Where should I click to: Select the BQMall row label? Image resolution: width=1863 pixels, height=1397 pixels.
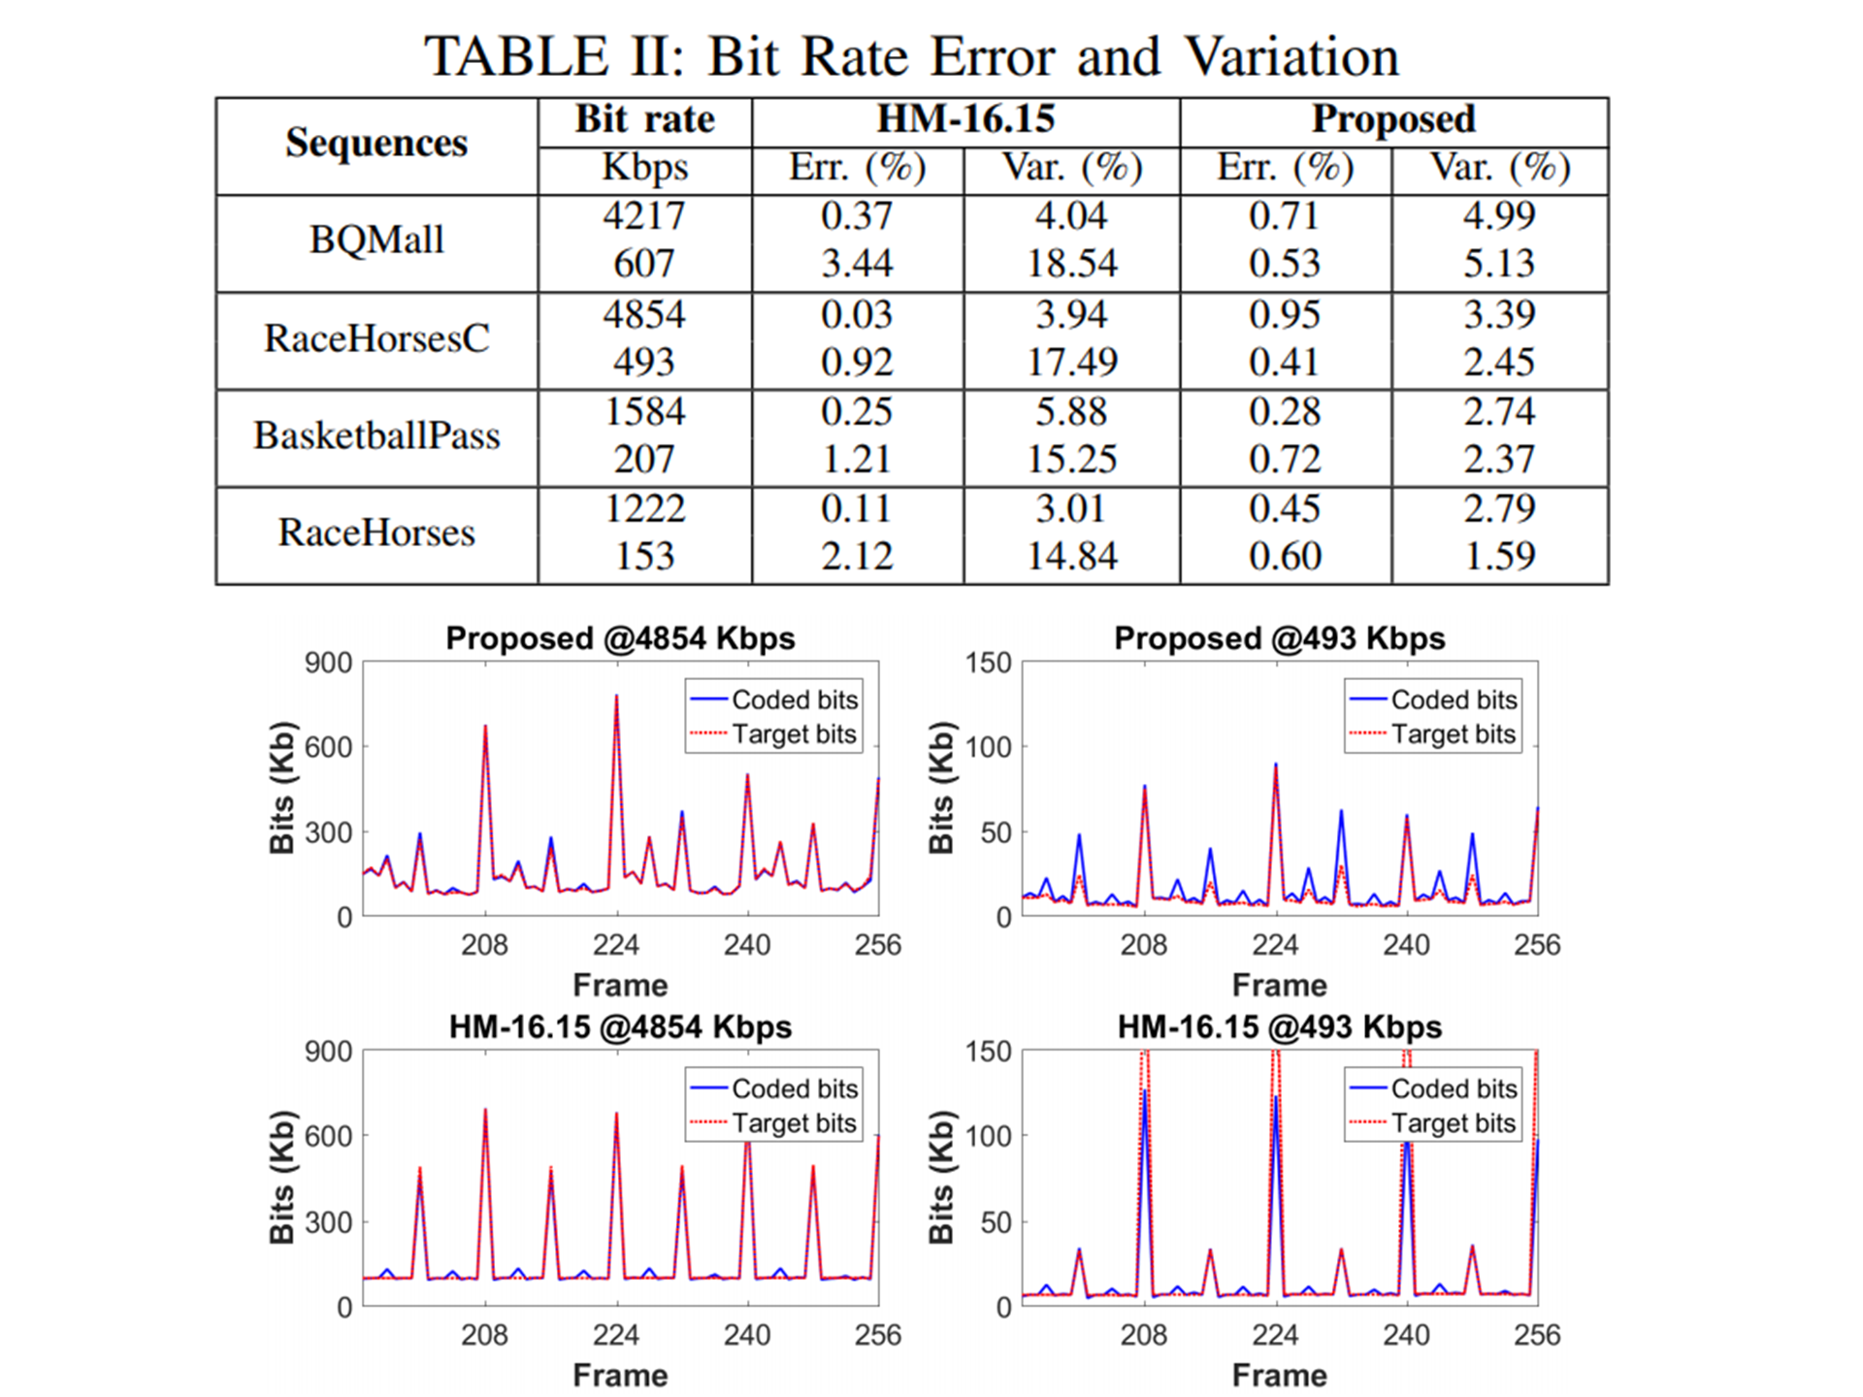coord(376,240)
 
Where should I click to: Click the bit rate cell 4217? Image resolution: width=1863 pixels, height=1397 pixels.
coord(644,215)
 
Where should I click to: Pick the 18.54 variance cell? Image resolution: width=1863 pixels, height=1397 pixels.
coord(1072,264)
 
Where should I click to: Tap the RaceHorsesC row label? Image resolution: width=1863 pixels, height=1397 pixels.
coord(376,339)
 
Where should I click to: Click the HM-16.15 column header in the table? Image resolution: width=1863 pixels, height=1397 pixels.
coord(965,119)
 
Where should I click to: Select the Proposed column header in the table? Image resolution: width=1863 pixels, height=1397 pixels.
coord(1393,119)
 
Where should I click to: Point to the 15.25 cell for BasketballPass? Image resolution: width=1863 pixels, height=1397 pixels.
coord(1072,459)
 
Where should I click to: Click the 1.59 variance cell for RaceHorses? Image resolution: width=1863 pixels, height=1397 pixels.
coord(1500,556)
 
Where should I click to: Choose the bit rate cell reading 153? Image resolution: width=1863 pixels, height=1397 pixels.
coord(644,556)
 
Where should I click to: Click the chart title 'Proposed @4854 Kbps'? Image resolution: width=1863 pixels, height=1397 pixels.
coord(620,638)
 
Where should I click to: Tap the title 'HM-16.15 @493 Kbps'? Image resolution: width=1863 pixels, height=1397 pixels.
coord(1279,1026)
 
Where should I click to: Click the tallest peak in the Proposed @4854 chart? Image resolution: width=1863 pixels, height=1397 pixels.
coord(616,697)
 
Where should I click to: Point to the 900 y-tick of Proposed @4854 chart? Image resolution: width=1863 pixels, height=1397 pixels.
coord(328,664)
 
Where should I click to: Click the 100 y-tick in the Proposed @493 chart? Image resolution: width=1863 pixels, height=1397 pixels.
coord(989,747)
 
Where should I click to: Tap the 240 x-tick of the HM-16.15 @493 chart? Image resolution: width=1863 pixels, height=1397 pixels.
coord(1406,1335)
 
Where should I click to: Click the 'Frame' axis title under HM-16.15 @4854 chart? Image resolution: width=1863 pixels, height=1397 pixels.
coord(620,1375)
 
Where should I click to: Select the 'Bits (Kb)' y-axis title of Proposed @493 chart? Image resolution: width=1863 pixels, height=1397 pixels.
coord(941,788)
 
